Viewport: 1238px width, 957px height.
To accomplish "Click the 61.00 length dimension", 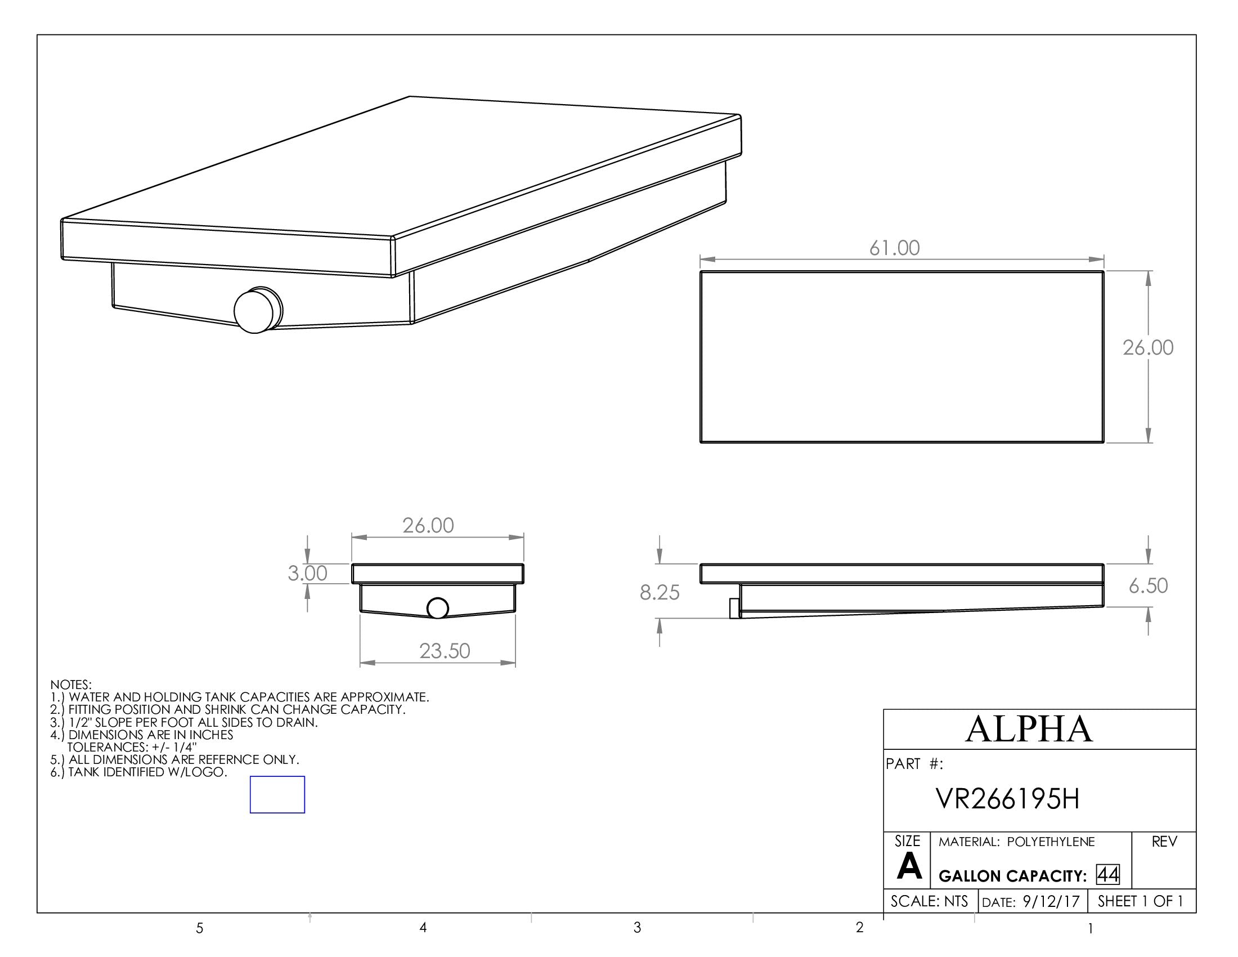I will point(895,248).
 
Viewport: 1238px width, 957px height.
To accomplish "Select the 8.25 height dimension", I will point(660,592).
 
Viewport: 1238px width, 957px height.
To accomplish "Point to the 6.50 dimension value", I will point(1148,585).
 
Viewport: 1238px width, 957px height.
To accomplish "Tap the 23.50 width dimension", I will point(445,651).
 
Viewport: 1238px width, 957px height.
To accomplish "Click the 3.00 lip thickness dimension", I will point(307,573).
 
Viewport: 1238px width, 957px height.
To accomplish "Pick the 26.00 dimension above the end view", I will point(428,526).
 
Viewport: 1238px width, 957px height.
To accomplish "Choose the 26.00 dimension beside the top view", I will point(1148,347).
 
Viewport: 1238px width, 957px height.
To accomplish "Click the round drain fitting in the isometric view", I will point(257,310).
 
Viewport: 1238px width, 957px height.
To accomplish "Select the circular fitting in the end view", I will point(437,609).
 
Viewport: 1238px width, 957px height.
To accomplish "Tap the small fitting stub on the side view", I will point(734,609).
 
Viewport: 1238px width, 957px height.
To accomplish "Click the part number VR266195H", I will point(1008,799).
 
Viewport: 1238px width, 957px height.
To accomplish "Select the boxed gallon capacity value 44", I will point(1107,875).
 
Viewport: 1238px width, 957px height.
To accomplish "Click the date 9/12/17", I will point(1052,902).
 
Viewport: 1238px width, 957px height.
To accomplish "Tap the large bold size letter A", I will point(909,867).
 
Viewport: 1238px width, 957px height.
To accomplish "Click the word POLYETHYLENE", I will point(1051,842).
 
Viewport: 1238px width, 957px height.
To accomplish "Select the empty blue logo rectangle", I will point(277,794).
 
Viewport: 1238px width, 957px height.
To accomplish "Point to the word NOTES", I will point(71,685).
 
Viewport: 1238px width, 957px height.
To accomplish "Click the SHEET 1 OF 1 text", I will point(1140,901).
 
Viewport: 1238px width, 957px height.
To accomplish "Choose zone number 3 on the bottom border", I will point(637,928).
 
